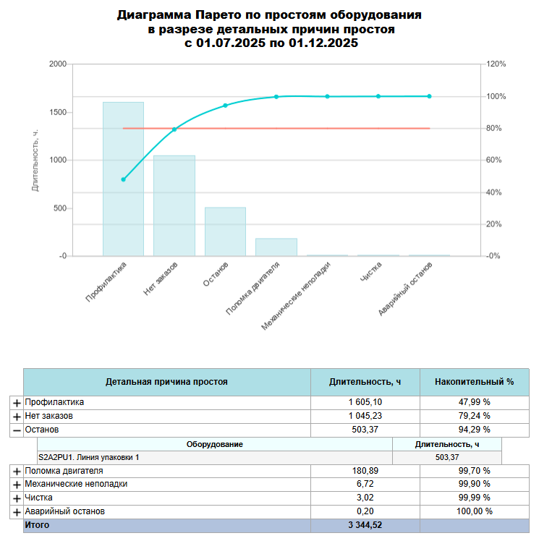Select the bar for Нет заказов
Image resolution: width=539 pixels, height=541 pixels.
coord(174,205)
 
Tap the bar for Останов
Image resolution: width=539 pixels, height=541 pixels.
coord(225,231)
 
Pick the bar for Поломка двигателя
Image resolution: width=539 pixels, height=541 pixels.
coord(276,247)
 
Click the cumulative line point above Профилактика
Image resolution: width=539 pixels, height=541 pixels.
coord(123,179)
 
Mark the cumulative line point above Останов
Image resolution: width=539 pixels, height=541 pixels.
coord(225,106)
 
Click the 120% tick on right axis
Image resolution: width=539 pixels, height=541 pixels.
coord(496,64)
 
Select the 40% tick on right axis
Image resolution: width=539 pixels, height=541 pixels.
coord(494,192)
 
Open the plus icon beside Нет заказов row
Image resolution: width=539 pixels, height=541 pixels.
coord(17,417)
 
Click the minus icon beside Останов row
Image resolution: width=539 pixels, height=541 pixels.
coord(17,430)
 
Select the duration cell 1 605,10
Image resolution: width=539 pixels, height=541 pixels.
coord(365,402)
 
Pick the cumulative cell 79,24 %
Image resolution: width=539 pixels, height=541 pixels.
coord(474,416)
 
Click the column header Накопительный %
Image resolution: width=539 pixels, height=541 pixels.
coord(474,381)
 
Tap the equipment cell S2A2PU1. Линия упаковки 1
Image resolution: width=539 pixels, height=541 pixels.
coord(89,458)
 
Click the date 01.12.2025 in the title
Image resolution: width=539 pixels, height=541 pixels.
coord(318,43)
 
